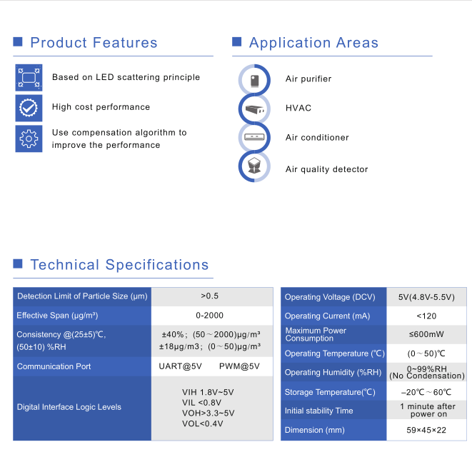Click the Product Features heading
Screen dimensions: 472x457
pyautogui.click(x=94, y=42)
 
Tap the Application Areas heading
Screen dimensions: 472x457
pyautogui.click(x=313, y=43)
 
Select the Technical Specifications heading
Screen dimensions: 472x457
pyautogui.click(x=119, y=265)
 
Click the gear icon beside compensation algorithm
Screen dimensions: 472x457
pyautogui.click(x=29, y=139)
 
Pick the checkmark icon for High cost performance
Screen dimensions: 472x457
pyautogui.click(x=29, y=108)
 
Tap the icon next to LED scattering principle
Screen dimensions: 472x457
pyautogui.click(x=29, y=77)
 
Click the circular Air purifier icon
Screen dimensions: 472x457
pyautogui.click(x=254, y=80)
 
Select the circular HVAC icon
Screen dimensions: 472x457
pyautogui.click(x=254, y=109)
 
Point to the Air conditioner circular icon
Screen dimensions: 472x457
pyautogui.click(x=254, y=137)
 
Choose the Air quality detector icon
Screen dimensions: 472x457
pyautogui.click(x=254, y=166)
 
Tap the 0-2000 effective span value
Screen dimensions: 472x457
pyautogui.click(x=209, y=315)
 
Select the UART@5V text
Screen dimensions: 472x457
pyautogui.click(x=181, y=366)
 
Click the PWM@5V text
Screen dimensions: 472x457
pyautogui.click(x=239, y=366)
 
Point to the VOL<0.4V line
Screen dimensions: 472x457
pyautogui.click(x=203, y=423)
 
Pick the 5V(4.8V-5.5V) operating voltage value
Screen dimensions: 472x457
pyautogui.click(x=426, y=297)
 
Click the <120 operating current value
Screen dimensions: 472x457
pyautogui.click(x=426, y=316)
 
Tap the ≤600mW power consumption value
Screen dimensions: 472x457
pyautogui.click(x=426, y=334)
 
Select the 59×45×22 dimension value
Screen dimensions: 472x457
pyautogui.click(x=426, y=430)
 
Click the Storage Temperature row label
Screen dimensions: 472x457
pyautogui.click(x=330, y=392)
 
